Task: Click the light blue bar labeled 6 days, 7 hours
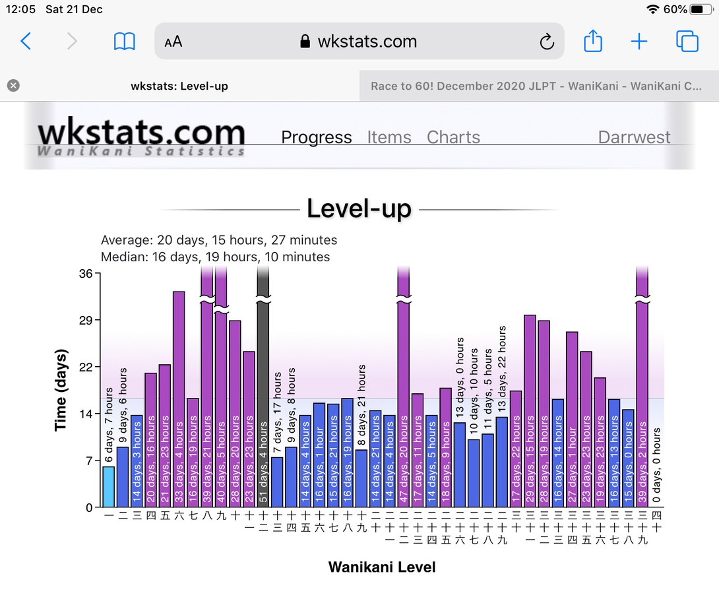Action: [x=109, y=487]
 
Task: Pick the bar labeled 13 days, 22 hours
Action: [x=502, y=462]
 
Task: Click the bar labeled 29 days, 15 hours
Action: [x=530, y=409]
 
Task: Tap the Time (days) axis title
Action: [x=61, y=389]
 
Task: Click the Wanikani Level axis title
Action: [x=382, y=567]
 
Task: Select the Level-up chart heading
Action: [x=359, y=209]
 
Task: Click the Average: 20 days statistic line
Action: [x=219, y=240]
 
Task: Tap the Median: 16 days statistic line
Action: [x=216, y=257]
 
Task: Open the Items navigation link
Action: [x=389, y=137]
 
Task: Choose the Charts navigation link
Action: [x=453, y=137]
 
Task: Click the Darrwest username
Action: [x=634, y=137]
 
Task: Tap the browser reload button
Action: [x=547, y=42]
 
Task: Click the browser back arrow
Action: [x=26, y=42]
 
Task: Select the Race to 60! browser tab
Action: [x=536, y=86]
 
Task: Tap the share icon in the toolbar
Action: [x=593, y=42]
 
